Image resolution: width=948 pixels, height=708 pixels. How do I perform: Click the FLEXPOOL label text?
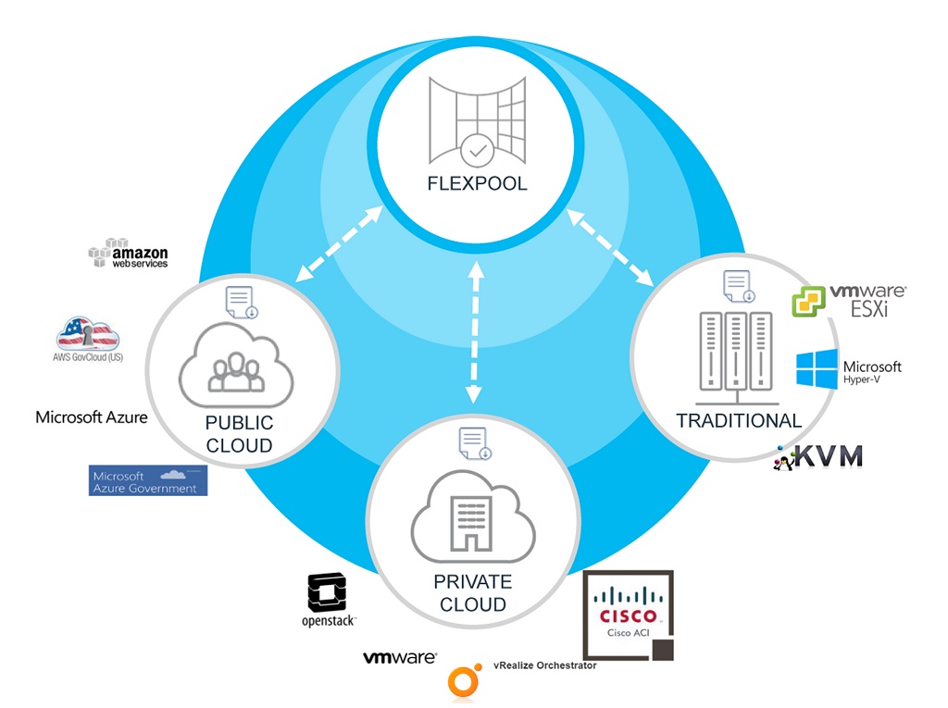tap(477, 183)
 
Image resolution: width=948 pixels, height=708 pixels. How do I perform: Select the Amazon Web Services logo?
tap(129, 254)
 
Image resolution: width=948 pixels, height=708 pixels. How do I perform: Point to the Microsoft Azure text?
tap(91, 417)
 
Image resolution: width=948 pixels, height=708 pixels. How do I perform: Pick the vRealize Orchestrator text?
tap(545, 665)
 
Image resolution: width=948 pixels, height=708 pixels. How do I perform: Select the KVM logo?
tap(819, 456)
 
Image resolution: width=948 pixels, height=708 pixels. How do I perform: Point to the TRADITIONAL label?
tap(739, 421)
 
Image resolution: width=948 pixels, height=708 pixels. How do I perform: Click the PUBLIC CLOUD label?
tap(240, 434)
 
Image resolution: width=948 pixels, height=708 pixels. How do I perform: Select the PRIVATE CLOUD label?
tap(473, 593)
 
